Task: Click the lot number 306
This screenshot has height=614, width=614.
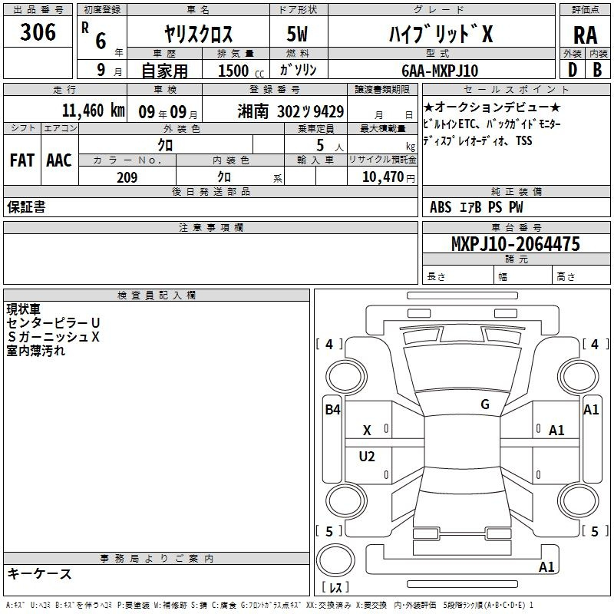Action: tap(38, 31)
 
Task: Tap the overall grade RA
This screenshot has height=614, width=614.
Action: tap(586, 35)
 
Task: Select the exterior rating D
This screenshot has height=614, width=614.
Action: tap(573, 70)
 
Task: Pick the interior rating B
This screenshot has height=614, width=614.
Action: tap(597, 70)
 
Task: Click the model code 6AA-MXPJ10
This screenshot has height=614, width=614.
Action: tap(440, 71)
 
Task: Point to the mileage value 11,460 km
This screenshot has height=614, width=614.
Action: tap(94, 111)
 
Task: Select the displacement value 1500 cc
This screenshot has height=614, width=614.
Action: tap(241, 71)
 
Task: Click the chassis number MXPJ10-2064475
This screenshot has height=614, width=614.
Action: tap(515, 243)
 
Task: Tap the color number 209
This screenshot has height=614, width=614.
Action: tap(127, 177)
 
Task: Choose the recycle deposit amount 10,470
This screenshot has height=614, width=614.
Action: tap(383, 177)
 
